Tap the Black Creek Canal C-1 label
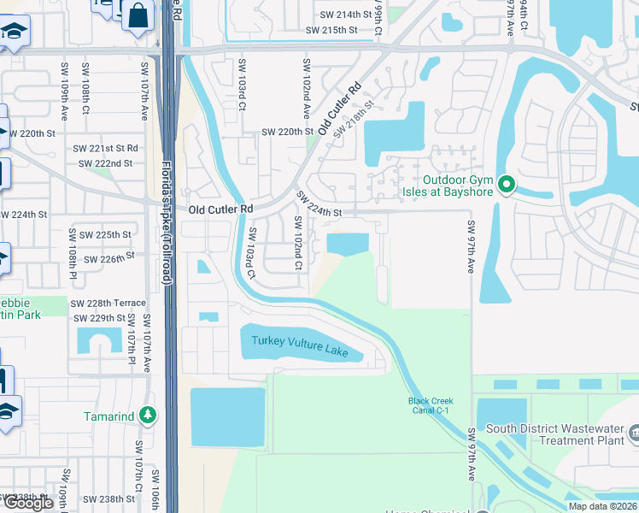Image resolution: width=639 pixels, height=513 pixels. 431,406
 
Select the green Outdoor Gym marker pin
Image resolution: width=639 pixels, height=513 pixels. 506,185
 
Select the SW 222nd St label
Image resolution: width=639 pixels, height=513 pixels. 105,163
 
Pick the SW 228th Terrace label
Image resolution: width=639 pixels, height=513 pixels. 108,304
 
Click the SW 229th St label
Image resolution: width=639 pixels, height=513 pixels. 100,318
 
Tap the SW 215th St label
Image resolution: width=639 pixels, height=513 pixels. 331,31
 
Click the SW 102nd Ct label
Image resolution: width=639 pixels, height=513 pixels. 298,243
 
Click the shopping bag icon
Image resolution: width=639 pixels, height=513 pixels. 137,15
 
